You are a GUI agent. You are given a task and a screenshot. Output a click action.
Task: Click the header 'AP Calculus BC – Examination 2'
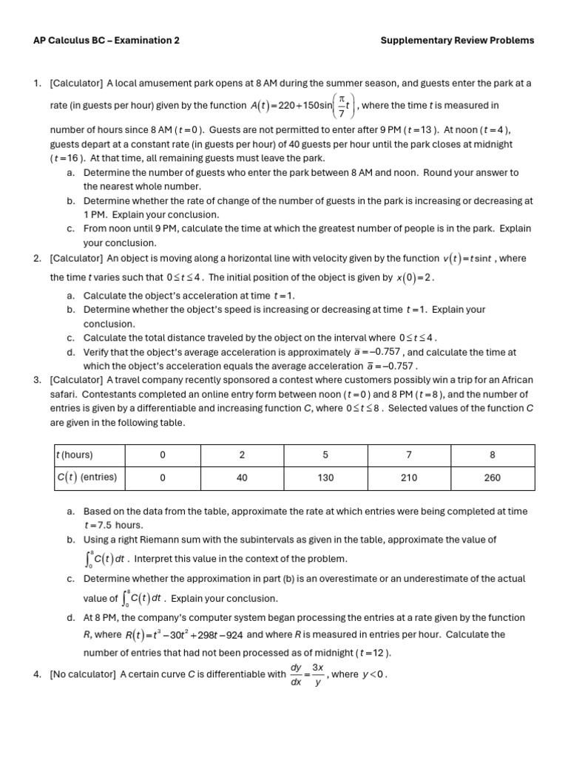pyautogui.click(x=106, y=41)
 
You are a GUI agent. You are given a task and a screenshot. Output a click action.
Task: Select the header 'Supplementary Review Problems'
pyautogui.click(x=456, y=41)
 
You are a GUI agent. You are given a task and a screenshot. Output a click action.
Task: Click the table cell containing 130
pyautogui.click(x=325, y=478)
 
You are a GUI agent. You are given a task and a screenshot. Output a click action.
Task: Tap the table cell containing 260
pyautogui.click(x=492, y=478)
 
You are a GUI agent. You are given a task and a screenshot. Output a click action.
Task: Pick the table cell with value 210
pyautogui.click(x=409, y=478)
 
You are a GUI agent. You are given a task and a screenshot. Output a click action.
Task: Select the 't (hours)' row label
pyautogui.click(x=75, y=455)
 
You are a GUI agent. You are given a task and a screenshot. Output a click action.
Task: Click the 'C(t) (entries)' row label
pyautogui.click(x=87, y=478)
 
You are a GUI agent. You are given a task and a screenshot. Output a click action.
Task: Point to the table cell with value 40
pyautogui.click(x=242, y=478)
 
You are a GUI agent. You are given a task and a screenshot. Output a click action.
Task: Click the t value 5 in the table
pyautogui.click(x=325, y=455)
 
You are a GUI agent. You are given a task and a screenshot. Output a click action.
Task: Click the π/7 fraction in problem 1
pyautogui.click(x=341, y=106)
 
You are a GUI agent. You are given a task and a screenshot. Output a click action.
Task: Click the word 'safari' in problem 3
pyautogui.click(x=67, y=394)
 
